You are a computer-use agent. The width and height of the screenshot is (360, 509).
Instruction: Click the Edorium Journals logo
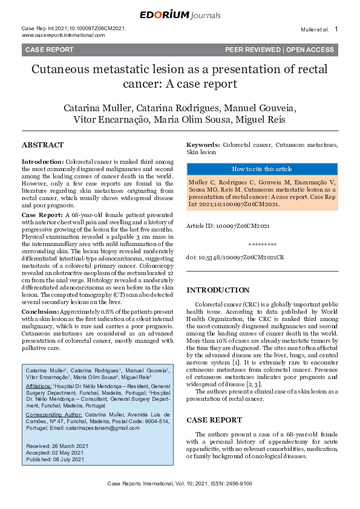(x=180, y=15)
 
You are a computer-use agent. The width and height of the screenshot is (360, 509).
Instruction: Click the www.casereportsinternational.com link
(x=64, y=35)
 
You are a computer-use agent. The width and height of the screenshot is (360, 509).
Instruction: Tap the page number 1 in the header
(x=336, y=29)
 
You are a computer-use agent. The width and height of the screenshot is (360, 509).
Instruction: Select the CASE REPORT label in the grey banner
(x=50, y=50)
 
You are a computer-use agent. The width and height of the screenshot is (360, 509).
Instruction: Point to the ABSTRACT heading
(x=42, y=145)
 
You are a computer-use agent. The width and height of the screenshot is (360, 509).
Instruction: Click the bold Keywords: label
(x=203, y=146)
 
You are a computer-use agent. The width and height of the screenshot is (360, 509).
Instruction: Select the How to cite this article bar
(x=262, y=169)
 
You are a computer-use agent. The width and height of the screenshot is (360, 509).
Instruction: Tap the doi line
(x=235, y=258)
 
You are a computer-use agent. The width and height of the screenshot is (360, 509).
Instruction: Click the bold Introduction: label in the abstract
(x=42, y=163)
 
